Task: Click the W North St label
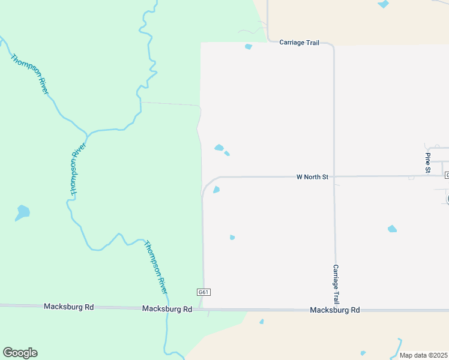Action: (x=313, y=177)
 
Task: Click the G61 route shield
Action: (x=203, y=292)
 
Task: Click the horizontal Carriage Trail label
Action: (x=298, y=43)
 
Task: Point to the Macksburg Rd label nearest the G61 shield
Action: (x=167, y=309)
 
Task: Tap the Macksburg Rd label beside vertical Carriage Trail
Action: (x=334, y=310)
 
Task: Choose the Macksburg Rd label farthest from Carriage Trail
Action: (x=68, y=307)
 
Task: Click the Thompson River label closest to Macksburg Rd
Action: (x=155, y=267)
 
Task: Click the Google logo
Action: (x=20, y=353)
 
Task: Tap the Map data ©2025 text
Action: (x=423, y=355)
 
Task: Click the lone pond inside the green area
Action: (x=22, y=212)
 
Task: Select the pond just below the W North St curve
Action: (x=216, y=190)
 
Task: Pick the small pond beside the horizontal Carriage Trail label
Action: (x=249, y=47)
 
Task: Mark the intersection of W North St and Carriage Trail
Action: (x=334, y=176)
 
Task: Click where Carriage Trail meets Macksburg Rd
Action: (x=336, y=310)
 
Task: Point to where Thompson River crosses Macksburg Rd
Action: (x=167, y=308)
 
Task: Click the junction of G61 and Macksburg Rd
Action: (x=204, y=309)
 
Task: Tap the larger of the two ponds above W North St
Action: (x=219, y=148)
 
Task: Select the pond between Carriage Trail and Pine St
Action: (x=392, y=229)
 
